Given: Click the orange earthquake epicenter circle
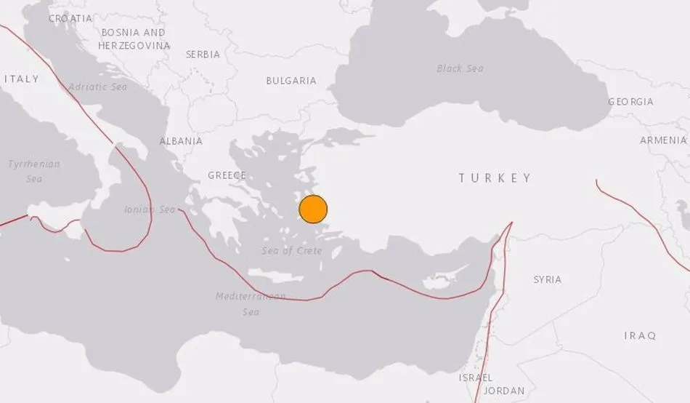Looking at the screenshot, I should tap(313, 210).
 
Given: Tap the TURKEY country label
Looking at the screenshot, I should tap(495, 177).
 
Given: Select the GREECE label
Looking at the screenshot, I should tap(227, 175).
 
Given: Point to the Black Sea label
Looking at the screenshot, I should tap(460, 68).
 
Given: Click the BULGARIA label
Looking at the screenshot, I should tap(291, 81).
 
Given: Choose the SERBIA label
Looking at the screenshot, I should tap(203, 55).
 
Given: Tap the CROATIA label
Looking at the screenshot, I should tap(70, 18).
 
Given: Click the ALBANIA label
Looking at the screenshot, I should tap(181, 141).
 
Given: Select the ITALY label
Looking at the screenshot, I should tap(21, 79).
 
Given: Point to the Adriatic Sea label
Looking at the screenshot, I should tap(97, 87).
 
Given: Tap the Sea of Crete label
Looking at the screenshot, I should tap(291, 250).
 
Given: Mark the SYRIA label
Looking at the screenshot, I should tap(547, 279).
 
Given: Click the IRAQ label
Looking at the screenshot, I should tap(640, 335).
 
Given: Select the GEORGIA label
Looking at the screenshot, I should tap(630, 102).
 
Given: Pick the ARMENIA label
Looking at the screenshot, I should tap(663, 140).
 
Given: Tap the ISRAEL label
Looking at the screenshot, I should tap(476, 378).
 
